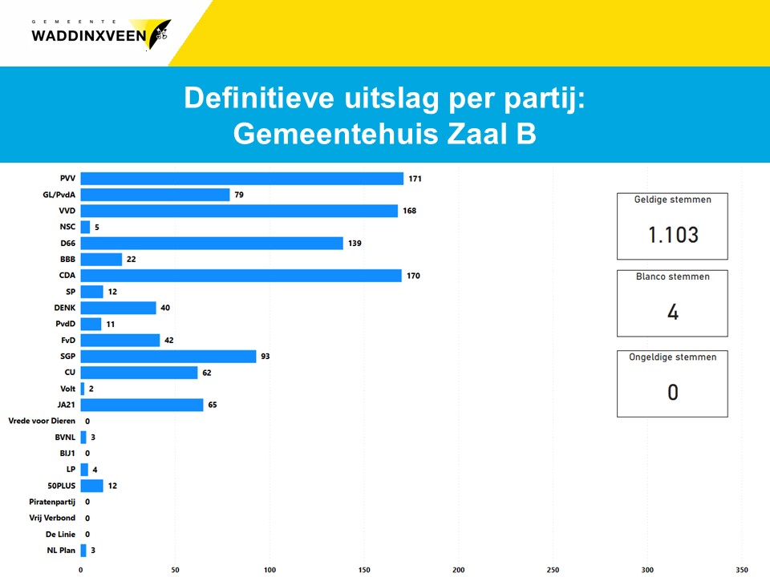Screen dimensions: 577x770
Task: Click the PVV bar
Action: [241, 179]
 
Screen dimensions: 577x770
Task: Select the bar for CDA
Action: [241, 276]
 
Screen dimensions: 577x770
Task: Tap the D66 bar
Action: [212, 243]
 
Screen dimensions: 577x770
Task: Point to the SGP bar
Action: [168, 356]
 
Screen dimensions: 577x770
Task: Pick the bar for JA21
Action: [142, 405]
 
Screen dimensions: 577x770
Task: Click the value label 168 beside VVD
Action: [409, 211]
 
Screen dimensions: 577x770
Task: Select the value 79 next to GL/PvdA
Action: [239, 195]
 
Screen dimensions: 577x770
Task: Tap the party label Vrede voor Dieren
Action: [42, 421]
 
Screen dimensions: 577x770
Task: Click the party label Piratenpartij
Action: [51, 502]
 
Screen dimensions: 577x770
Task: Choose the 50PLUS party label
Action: [60, 486]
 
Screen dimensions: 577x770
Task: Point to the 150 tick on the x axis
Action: [364, 570]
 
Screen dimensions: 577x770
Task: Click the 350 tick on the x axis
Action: [742, 570]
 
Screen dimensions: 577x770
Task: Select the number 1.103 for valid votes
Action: [673, 235]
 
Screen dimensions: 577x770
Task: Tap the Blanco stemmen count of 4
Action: [673, 312]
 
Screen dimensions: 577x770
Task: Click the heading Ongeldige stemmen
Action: [672, 357]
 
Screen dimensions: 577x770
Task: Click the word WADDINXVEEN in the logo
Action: [89, 35]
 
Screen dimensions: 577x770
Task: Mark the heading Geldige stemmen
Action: [672, 200]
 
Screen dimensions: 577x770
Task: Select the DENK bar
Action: [118, 308]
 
